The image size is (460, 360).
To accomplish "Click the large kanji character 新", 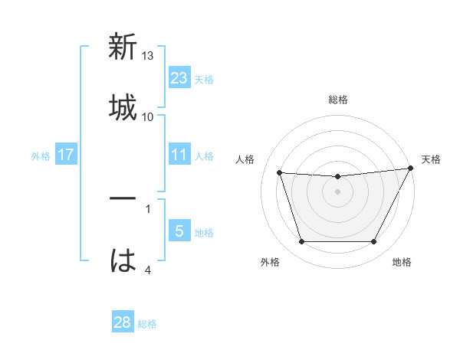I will [123, 48].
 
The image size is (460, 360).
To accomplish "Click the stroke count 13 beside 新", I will [148, 56].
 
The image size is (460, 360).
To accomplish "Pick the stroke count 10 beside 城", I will [148, 116].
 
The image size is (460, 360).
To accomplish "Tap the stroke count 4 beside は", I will [148, 270].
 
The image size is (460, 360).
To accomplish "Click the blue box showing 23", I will [179, 78].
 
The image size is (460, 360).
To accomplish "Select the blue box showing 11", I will [179, 155].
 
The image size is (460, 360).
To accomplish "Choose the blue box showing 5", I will [179, 231].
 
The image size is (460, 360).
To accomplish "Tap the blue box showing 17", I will [66, 155].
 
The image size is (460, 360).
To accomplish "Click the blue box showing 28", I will [123, 322].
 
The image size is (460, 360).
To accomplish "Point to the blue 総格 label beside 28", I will [147, 324].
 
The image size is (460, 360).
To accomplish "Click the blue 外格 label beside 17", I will [41, 156].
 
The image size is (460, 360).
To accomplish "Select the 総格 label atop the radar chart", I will [338, 100].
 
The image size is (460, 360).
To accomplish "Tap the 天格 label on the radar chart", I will [432, 159].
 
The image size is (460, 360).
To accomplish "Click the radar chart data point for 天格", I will [411, 169].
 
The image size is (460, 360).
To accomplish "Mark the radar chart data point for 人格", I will [280, 173].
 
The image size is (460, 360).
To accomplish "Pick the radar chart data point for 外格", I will [301, 242].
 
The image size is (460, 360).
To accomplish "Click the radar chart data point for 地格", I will [374, 242].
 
